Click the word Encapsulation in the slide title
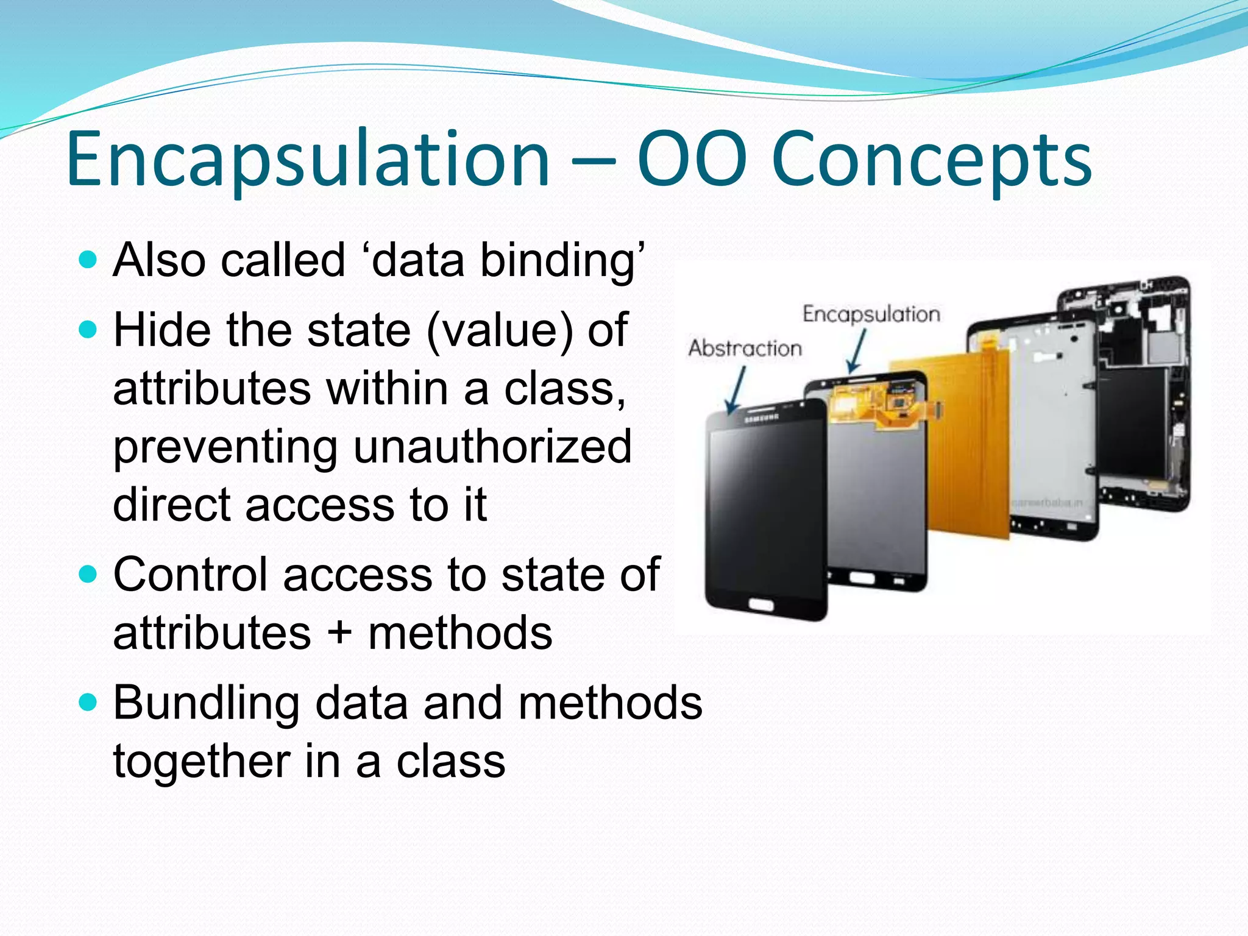[308, 160]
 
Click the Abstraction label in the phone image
[745, 348]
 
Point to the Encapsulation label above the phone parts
[871, 314]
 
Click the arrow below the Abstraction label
[736, 390]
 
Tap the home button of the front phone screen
[760, 604]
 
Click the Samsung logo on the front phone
[761, 418]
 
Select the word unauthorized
[492, 447]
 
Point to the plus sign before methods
[339, 633]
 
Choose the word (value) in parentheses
[500, 330]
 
